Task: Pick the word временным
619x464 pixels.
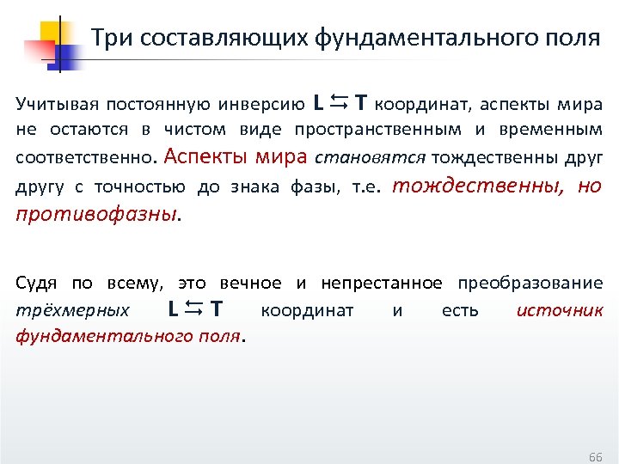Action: click(549, 131)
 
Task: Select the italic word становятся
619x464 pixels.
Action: click(371, 158)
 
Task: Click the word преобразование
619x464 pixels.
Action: click(530, 283)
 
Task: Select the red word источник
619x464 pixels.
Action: click(560, 310)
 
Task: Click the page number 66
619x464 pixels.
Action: click(595, 455)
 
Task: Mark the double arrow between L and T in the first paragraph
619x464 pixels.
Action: click(339, 104)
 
